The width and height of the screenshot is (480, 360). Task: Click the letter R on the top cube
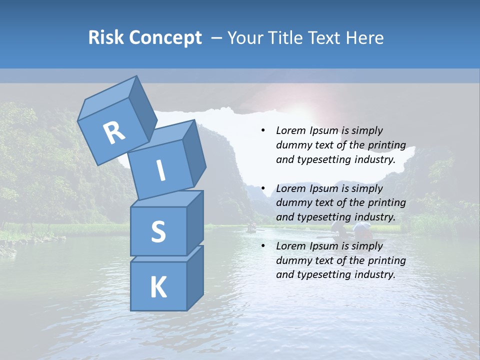point(114,132)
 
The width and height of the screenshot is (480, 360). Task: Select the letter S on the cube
point(158,231)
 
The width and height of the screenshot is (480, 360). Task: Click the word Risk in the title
point(106,37)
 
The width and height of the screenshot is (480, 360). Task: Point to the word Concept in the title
point(165,38)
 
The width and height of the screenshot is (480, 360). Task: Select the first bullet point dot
point(263,131)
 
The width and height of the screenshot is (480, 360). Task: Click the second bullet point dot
point(263,188)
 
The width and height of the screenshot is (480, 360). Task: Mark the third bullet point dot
point(263,246)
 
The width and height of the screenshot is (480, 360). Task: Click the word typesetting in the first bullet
point(318,160)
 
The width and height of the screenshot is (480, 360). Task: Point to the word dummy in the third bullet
point(292,260)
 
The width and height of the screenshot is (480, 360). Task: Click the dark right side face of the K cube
point(195,277)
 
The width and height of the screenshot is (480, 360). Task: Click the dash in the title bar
point(217,37)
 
